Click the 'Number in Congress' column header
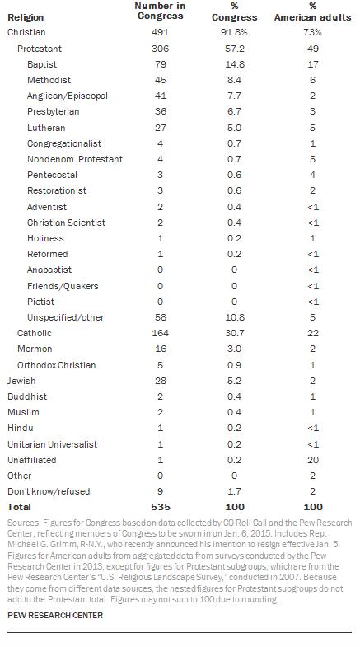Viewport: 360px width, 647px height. tap(160, 12)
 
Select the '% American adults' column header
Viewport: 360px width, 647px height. tap(312, 12)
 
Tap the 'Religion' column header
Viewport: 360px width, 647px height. tap(26, 17)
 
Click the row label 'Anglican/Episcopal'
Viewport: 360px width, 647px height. tap(68, 96)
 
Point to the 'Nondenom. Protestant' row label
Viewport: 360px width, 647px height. tap(75, 159)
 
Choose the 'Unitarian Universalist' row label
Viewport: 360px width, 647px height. tap(52, 444)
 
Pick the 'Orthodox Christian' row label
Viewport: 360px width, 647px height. tap(56, 365)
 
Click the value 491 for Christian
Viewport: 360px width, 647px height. tap(160, 33)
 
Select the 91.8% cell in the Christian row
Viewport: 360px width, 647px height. tap(234, 33)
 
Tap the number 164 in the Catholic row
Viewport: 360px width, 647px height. tap(160, 333)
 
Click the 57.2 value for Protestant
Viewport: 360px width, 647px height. tap(234, 49)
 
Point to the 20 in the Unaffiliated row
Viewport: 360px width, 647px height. tap(312, 460)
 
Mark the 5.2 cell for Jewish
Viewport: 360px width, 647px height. tap(234, 381)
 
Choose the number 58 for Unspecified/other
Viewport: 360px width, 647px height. tap(160, 317)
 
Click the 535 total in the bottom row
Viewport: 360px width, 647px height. tap(160, 507)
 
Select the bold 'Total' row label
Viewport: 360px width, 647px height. tap(19, 507)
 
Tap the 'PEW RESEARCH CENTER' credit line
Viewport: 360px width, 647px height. tap(55, 615)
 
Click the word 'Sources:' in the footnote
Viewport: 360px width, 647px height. tap(21, 523)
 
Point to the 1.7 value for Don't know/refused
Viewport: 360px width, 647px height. tap(234, 491)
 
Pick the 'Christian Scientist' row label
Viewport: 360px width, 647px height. tap(66, 223)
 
